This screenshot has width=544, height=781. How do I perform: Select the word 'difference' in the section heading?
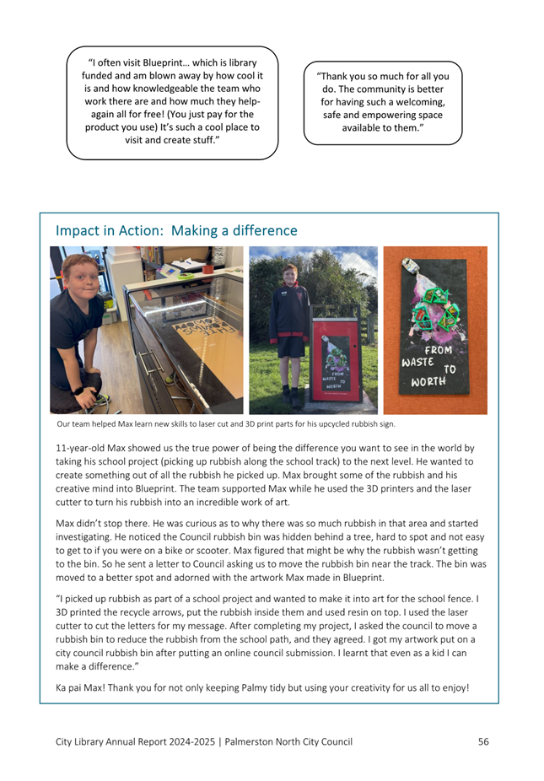[x=264, y=230]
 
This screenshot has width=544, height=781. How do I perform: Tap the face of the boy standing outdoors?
[x=291, y=276]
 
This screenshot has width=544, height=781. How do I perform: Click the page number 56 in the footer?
[x=483, y=742]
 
